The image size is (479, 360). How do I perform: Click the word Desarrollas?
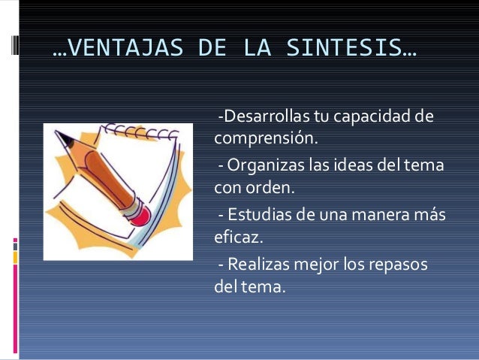click(255, 118)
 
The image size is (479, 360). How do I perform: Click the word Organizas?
click(261, 165)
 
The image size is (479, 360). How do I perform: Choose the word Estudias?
click(256, 216)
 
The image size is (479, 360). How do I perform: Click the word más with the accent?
click(432, 216)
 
